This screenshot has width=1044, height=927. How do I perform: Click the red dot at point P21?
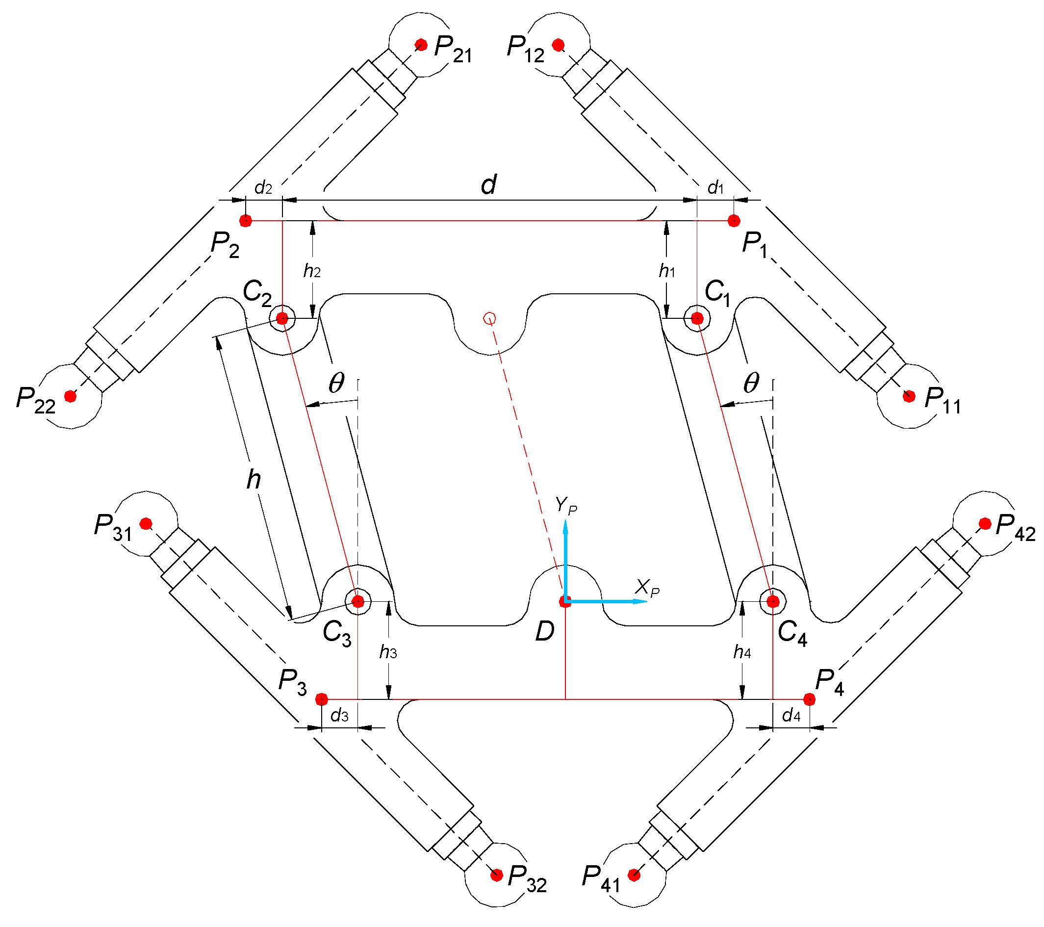[421, 45]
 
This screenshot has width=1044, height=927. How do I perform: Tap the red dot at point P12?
[558, 45]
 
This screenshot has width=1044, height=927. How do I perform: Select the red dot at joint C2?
[282, 319]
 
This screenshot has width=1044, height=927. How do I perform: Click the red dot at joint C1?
[697, 319]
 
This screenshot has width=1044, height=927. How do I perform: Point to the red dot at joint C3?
[358, 601]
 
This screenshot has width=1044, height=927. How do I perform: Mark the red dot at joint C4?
[773, 601]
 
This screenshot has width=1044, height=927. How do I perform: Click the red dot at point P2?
[246, 221]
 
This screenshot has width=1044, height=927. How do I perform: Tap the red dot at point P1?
[734, 221]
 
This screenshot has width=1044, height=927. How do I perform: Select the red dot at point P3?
[321, 699]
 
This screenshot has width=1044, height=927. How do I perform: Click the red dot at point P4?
[809, 699]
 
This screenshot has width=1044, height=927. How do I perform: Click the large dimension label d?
[489, 185]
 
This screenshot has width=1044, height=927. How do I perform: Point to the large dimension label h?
[254, 479]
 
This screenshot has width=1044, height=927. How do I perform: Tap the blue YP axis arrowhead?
[565, 526]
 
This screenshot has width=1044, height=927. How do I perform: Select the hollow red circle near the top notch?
[489, 319]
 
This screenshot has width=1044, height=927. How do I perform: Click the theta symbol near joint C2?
[336, 383]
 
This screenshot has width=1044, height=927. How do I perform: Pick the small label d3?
[340, 716]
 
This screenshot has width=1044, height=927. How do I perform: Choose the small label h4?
[742, 652]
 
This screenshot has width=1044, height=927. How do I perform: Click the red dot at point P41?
[634, 875]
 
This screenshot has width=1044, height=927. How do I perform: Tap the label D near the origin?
[544, 632]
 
